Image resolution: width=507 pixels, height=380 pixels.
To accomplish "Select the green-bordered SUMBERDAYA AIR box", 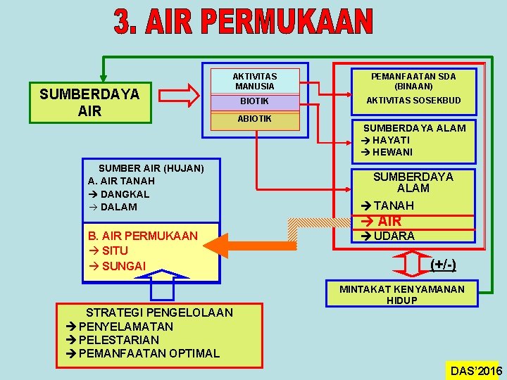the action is (x=90, y=103).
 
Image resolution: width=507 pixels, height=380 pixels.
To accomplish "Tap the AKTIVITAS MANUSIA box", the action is (x=256, y=81).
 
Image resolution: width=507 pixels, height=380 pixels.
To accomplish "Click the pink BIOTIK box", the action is (x=255, y=101).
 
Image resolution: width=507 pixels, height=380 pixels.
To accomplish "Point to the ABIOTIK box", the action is (x=255, y=119).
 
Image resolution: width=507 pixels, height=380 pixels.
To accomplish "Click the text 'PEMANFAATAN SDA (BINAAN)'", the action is (x=413, y=80).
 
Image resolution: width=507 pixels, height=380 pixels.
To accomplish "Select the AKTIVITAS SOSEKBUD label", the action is (x=413, y=101).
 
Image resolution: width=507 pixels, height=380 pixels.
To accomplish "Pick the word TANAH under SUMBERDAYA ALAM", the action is (x=394, y=205).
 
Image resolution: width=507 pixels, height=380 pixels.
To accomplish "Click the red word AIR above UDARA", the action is (x=389, y=221).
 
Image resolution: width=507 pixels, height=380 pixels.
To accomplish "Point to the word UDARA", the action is (x=394, y=236).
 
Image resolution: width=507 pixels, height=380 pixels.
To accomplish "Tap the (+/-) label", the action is (x=443, y=265).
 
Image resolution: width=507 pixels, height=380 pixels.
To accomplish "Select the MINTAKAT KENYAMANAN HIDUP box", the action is (x=402, y=294).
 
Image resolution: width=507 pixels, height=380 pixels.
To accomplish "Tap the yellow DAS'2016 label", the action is (x=475, y=371).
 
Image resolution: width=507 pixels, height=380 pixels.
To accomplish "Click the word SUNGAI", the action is (x=124, y=265).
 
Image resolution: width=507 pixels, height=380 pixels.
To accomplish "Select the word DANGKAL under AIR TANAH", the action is (x=125, y=194).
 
